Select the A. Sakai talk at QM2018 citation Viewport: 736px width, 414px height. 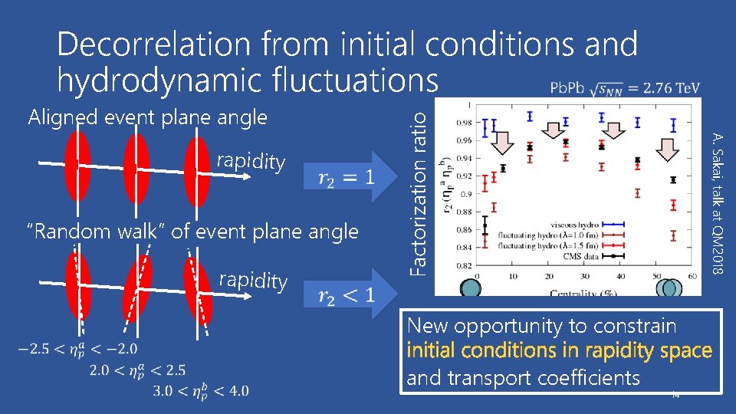(716, 202)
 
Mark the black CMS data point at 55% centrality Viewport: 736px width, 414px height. (673, 180)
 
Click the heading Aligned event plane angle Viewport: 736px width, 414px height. (147, 117)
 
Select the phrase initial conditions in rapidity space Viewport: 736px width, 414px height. (559, 351)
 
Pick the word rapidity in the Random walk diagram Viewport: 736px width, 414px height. (253, 281)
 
